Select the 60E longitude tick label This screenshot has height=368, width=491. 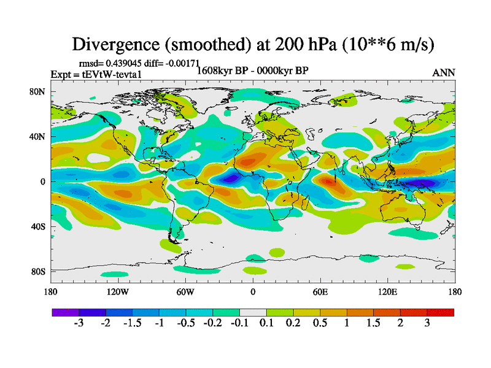click(320, 291)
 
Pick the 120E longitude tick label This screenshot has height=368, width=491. click(387, 291)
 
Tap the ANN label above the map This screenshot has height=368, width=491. click(444, 72)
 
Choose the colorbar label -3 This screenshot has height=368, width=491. click(79, 323)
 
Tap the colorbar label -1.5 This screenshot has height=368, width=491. click(133, 323)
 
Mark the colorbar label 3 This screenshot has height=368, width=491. click(427, 323)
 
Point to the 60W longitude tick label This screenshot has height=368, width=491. click(185, 291)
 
